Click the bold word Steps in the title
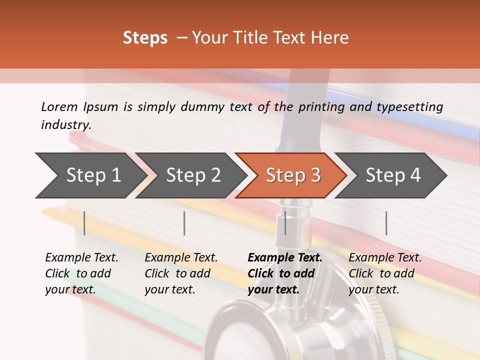click(x=145, y=38)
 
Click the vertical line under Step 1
click(x=84, y=223)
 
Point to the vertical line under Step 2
click(x=184, y=223)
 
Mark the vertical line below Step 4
click(x=386, y=223)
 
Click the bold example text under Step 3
click(x=284, y=273)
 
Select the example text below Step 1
click(x=81, y=273)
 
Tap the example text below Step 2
click(x=181, y=273)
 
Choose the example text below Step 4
click(x=384, y=273)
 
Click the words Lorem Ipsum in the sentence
click(x=79, y=106)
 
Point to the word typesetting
click(x=409, y=106)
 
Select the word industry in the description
click(x=65, y=124)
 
